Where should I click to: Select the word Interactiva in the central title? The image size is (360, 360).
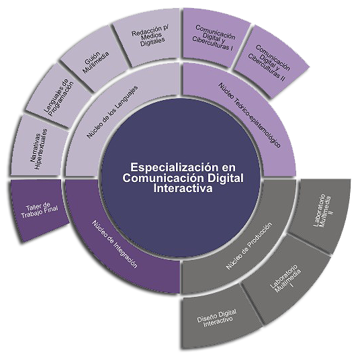click(183, 189)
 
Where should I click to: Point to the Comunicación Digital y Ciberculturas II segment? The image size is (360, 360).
click(269, 62)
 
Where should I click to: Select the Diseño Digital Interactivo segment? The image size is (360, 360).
click(217, 318)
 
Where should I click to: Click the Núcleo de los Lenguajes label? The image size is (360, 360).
click(112, 111)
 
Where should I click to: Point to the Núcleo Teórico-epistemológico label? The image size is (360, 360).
click(249, 115)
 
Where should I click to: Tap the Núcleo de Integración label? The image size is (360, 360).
click(115, 244)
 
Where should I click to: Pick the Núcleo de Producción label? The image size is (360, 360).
click(249, 246)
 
